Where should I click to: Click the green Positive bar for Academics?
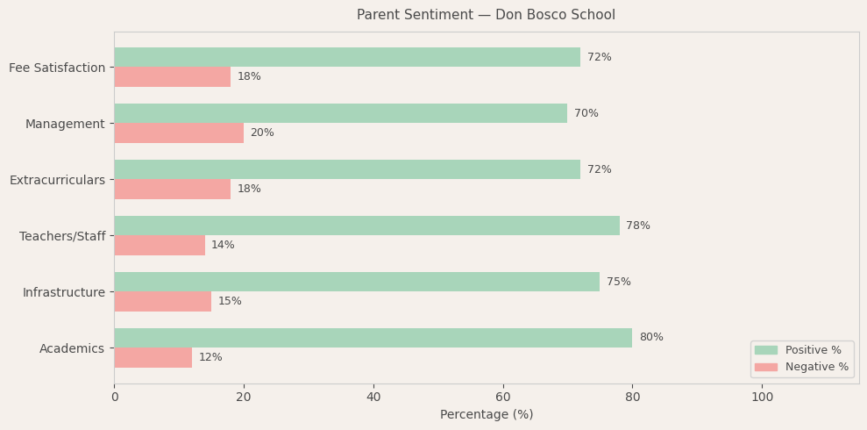pos(373,338)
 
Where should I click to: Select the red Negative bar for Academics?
pos(153,357)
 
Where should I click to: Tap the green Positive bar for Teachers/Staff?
pos(366,226)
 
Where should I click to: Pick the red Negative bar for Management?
pos(179,133)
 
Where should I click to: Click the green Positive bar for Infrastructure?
pos(357,282)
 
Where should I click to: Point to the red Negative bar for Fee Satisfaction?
pos(172,76)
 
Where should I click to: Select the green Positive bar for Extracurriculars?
pos(347,169)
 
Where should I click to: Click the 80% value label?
pos(650,338)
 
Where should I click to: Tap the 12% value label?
pos(210,357)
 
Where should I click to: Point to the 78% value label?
pos(638,226)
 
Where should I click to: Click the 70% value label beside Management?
pos(586,113)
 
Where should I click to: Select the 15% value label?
pos(230,301)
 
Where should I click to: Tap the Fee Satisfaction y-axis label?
pos(57,68)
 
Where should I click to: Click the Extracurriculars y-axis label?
pos(57,180)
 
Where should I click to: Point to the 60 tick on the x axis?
pos(503,397)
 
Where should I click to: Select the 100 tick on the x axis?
pos(762,397)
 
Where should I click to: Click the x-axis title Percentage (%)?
pos(487,415)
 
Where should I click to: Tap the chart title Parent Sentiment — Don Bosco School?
pos(486,15)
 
